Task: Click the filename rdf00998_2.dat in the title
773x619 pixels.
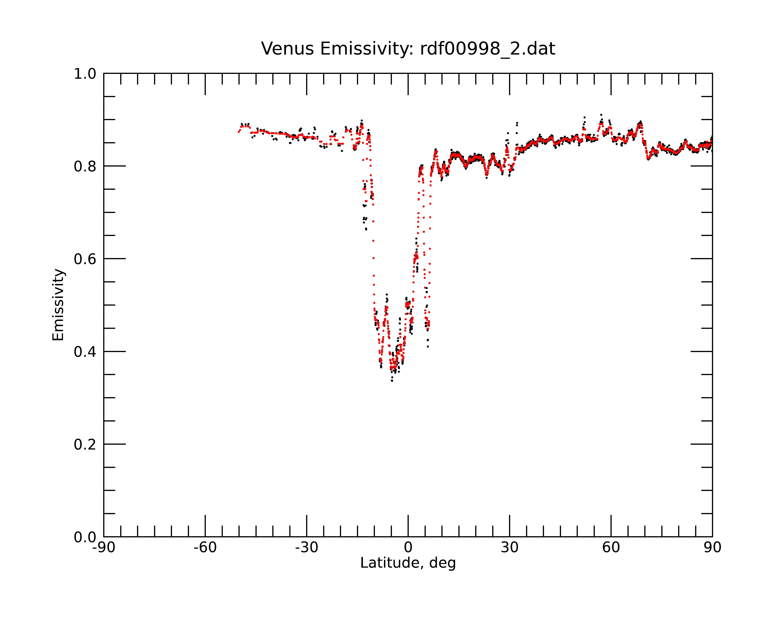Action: tap(488, 49)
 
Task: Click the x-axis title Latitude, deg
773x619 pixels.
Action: tap(408, 563)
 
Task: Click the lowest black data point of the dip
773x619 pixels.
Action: tap(392, 381)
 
